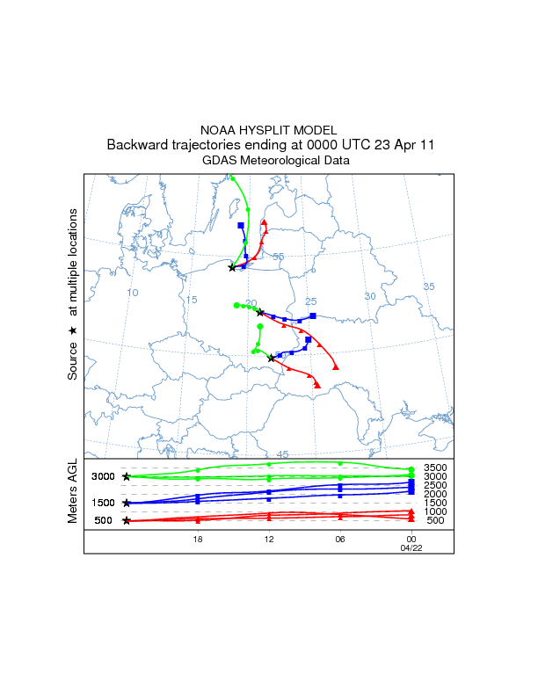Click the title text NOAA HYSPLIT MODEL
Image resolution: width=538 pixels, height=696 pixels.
click(268, 129)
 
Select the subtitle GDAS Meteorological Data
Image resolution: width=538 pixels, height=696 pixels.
click(268, 161)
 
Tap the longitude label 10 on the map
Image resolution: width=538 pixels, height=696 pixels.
click(133, 293)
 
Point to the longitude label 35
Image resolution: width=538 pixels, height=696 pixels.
click(429, 287)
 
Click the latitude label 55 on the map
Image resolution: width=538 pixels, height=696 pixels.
click(278, 257)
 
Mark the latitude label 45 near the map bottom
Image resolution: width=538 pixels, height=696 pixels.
click(283, 454)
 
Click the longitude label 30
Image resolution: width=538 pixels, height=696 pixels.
click(370, 296)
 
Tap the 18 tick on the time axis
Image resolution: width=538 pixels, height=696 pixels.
click(199, 539)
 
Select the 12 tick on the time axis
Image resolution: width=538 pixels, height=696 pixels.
click(269, 539)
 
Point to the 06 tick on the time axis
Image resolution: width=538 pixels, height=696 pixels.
click(340, 539)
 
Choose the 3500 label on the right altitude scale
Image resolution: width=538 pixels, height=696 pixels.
click(436, 468)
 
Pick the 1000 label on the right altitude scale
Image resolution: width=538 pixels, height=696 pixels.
click(436, 511)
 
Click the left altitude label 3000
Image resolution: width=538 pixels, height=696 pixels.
click(104, 476)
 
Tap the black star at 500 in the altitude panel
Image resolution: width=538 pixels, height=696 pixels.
click(127, 521)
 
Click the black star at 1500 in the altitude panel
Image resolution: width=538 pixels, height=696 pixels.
click(127, 504)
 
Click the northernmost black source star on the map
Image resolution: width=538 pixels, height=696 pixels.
click(232, 267)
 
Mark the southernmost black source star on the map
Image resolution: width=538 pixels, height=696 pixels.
click(271, 358)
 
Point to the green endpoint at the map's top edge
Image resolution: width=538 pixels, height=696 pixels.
click(232, 178)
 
